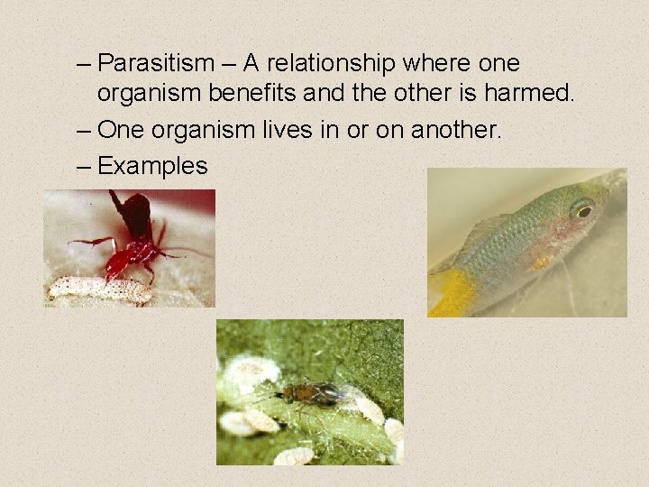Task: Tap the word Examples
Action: coord(152,166)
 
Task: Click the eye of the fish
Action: coord(582,210)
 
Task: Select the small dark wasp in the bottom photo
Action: coord(307,392)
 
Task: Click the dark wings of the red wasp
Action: coord(136,213)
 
